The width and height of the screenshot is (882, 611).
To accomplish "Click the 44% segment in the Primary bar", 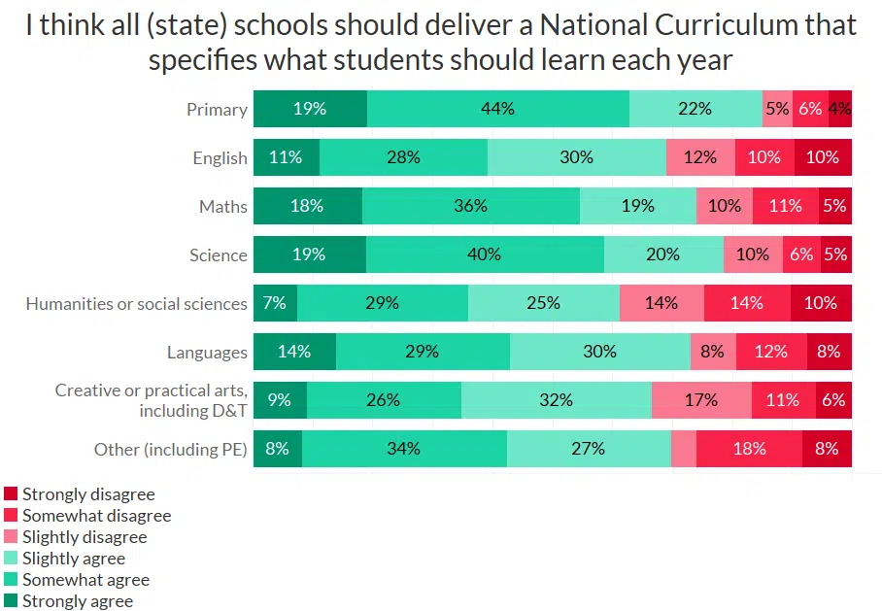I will pos(497,109).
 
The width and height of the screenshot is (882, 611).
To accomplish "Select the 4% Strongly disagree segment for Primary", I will pos(840,109).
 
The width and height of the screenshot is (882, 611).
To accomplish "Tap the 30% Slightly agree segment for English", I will pos(577,157).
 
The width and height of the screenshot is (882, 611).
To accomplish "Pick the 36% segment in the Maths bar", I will pos(471,206).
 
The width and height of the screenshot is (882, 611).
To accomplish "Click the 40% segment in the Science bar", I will pos(485,255).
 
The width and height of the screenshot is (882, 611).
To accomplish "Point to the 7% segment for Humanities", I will pos(275,303).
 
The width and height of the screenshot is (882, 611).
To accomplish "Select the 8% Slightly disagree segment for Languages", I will pos(712,352).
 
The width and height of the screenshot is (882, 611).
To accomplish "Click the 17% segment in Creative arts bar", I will pos(701,400).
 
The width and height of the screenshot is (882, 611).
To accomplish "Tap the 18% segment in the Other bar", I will pos(749,449).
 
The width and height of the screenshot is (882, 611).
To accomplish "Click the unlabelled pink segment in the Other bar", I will pos(684,449).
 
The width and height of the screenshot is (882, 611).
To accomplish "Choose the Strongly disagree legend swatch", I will pos(11,494).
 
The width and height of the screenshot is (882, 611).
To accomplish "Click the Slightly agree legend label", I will pos(74,559).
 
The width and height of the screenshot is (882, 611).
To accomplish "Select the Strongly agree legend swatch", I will pos(11,601).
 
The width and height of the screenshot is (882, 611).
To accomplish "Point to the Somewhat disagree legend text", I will pos(96,516).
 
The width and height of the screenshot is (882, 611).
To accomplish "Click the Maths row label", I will pos(223,206).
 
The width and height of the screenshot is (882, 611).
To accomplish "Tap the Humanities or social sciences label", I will pos(137,303).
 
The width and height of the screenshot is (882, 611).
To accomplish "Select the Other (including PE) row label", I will pos(171,449).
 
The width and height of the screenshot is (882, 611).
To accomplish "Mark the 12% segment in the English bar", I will pos(700,157).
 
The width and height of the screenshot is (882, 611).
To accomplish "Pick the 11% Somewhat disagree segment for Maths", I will pos(785,206).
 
